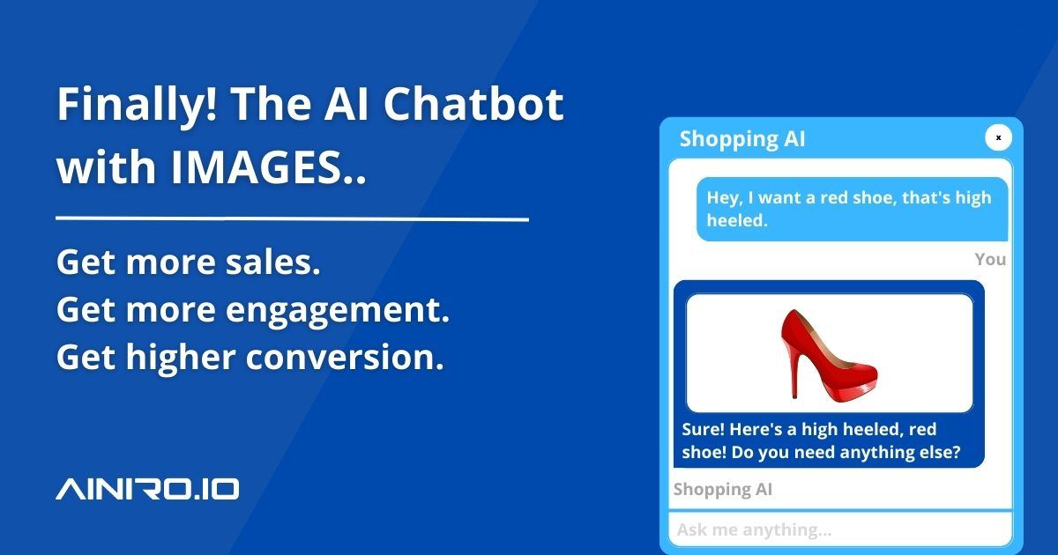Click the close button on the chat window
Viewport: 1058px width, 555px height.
click(x=998, y=138)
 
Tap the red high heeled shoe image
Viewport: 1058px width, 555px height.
click(x=829, y=352)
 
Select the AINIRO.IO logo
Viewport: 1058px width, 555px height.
click(x=147, y=490)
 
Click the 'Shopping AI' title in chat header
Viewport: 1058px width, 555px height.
click(x=742, y=138)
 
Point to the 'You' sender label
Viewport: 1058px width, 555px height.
click(x=990, y=259)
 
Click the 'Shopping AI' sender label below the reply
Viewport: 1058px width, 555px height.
click(x=723, y=490)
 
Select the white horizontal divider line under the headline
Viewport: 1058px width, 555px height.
click(x=292, y=218)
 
